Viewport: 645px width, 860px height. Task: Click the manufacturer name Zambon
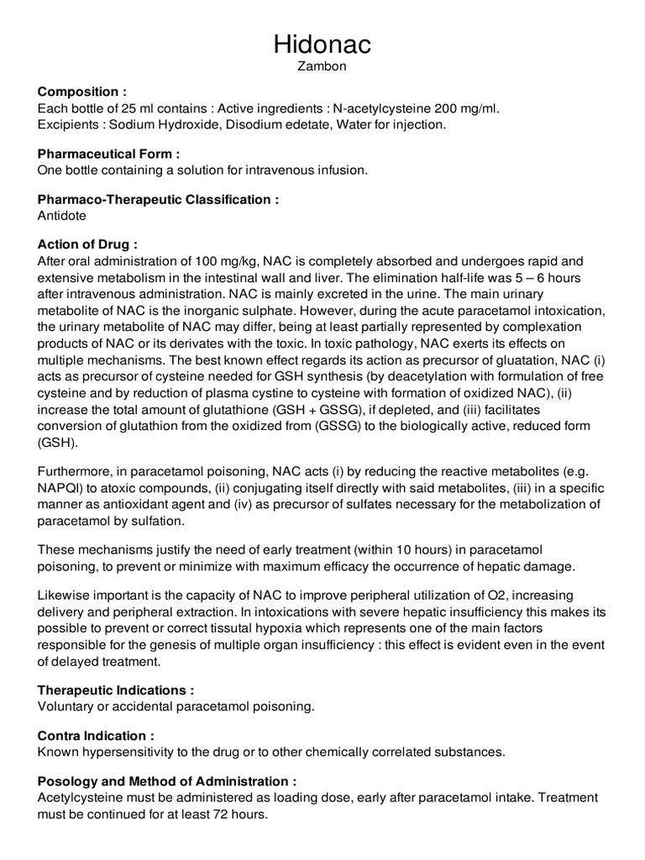pos(322,67)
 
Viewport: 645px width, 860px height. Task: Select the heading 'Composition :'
pos(82,92)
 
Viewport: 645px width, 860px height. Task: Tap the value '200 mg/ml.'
pos(469,108)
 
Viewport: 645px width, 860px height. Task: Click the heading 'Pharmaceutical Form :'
pos(109,154)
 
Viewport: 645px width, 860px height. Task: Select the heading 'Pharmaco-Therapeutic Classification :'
pos(158,199)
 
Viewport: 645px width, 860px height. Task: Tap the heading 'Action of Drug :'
pos(87,244)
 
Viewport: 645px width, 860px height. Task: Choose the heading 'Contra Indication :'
pos(96,735)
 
